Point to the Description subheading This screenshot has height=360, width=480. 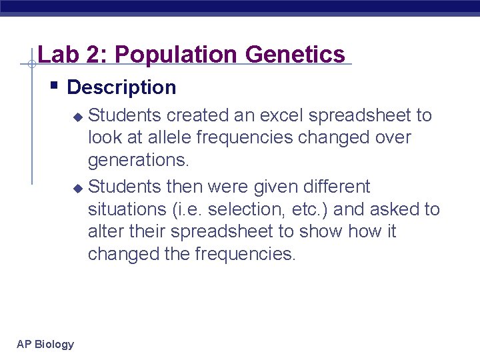[121, 87]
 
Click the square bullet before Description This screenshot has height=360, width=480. [54, 86]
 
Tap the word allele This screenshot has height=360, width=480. [157, 138]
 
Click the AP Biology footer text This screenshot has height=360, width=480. [45, 344]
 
